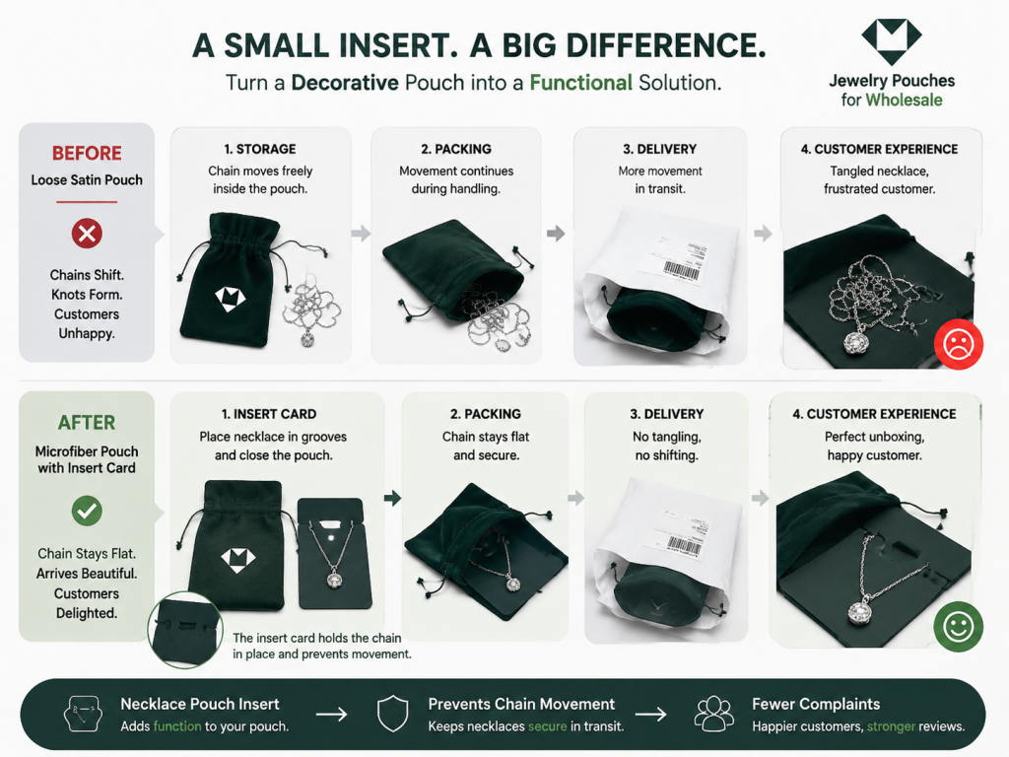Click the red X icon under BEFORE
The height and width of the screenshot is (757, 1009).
(87, 233)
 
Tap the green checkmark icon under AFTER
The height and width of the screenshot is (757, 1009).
(87, 512)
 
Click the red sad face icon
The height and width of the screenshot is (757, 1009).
(958, 344)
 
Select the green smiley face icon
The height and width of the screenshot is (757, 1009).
(958, 626)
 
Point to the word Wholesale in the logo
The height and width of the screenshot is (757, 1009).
(904, 101)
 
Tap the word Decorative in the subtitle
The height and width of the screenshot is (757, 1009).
(345, 83)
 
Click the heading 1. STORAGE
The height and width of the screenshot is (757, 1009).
(260, 150)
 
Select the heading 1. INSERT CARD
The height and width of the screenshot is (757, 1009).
(269, 414)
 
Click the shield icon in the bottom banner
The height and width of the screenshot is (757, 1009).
(392, 714)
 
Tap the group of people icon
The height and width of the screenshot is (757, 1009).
(713, 714)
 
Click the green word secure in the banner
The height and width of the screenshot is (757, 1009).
(547, 726)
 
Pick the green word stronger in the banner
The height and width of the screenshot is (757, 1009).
(891, 726)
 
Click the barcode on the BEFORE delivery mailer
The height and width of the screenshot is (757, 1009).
(681, 270)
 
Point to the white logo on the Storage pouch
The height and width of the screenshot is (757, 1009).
(230, 299)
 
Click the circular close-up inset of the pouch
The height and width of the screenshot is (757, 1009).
(184, 630)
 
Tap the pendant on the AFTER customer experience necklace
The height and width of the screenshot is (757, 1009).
(858, 608)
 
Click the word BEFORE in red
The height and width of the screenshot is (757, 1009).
(87, 153)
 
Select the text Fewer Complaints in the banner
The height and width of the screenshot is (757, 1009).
(816, 704)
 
